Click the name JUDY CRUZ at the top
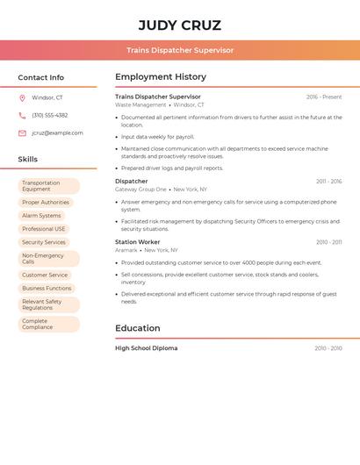tap(179, 25)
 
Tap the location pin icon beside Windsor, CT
tap(22, 97)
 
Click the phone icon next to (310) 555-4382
tap(22, 115)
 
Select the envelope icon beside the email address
tap(22, 132)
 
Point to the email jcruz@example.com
tap(57, 132)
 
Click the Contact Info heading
tap(40, 77)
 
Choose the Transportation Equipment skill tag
tap(48, 186)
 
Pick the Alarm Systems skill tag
tap(41, 215)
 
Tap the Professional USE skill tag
tap(44, 228)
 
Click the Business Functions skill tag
tap(47, 288)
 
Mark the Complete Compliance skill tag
tap(48, 324)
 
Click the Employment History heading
tap(161, 77)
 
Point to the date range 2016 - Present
tap(324, 97)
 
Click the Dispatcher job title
tap(132, 181)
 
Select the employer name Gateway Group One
tap(140, 189)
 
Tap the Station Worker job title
tap(138, 241)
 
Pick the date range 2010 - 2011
tap(328, 242)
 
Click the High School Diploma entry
tap(146, 348)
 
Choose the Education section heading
tap(138, 328)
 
